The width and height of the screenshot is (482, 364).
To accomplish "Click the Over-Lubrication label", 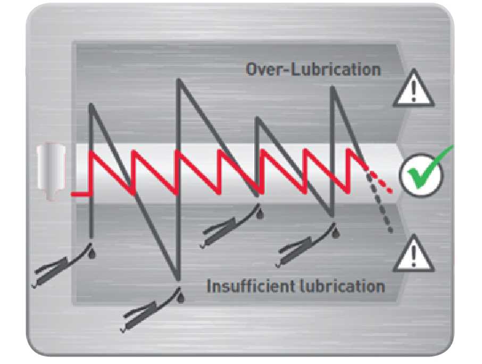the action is point(313,69).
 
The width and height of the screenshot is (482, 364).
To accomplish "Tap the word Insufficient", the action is point(250,286).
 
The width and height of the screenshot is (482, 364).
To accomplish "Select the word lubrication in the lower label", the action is point(342,286).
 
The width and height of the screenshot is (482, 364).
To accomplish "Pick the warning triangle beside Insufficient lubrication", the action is point(414,254).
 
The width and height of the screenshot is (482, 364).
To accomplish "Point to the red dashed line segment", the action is point(380,183).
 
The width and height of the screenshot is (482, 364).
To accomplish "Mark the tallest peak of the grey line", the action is point(178,80).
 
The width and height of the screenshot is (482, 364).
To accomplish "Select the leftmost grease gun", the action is point(63,266).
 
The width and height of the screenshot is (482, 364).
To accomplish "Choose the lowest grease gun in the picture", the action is point(152,310).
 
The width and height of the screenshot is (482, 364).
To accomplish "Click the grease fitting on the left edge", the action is point(52,171).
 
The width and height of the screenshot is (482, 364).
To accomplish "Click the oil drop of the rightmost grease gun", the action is point(337,233).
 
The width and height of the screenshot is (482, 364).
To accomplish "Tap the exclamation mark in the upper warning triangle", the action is point(414,90).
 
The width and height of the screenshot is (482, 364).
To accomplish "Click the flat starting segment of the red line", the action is point(80,194).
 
